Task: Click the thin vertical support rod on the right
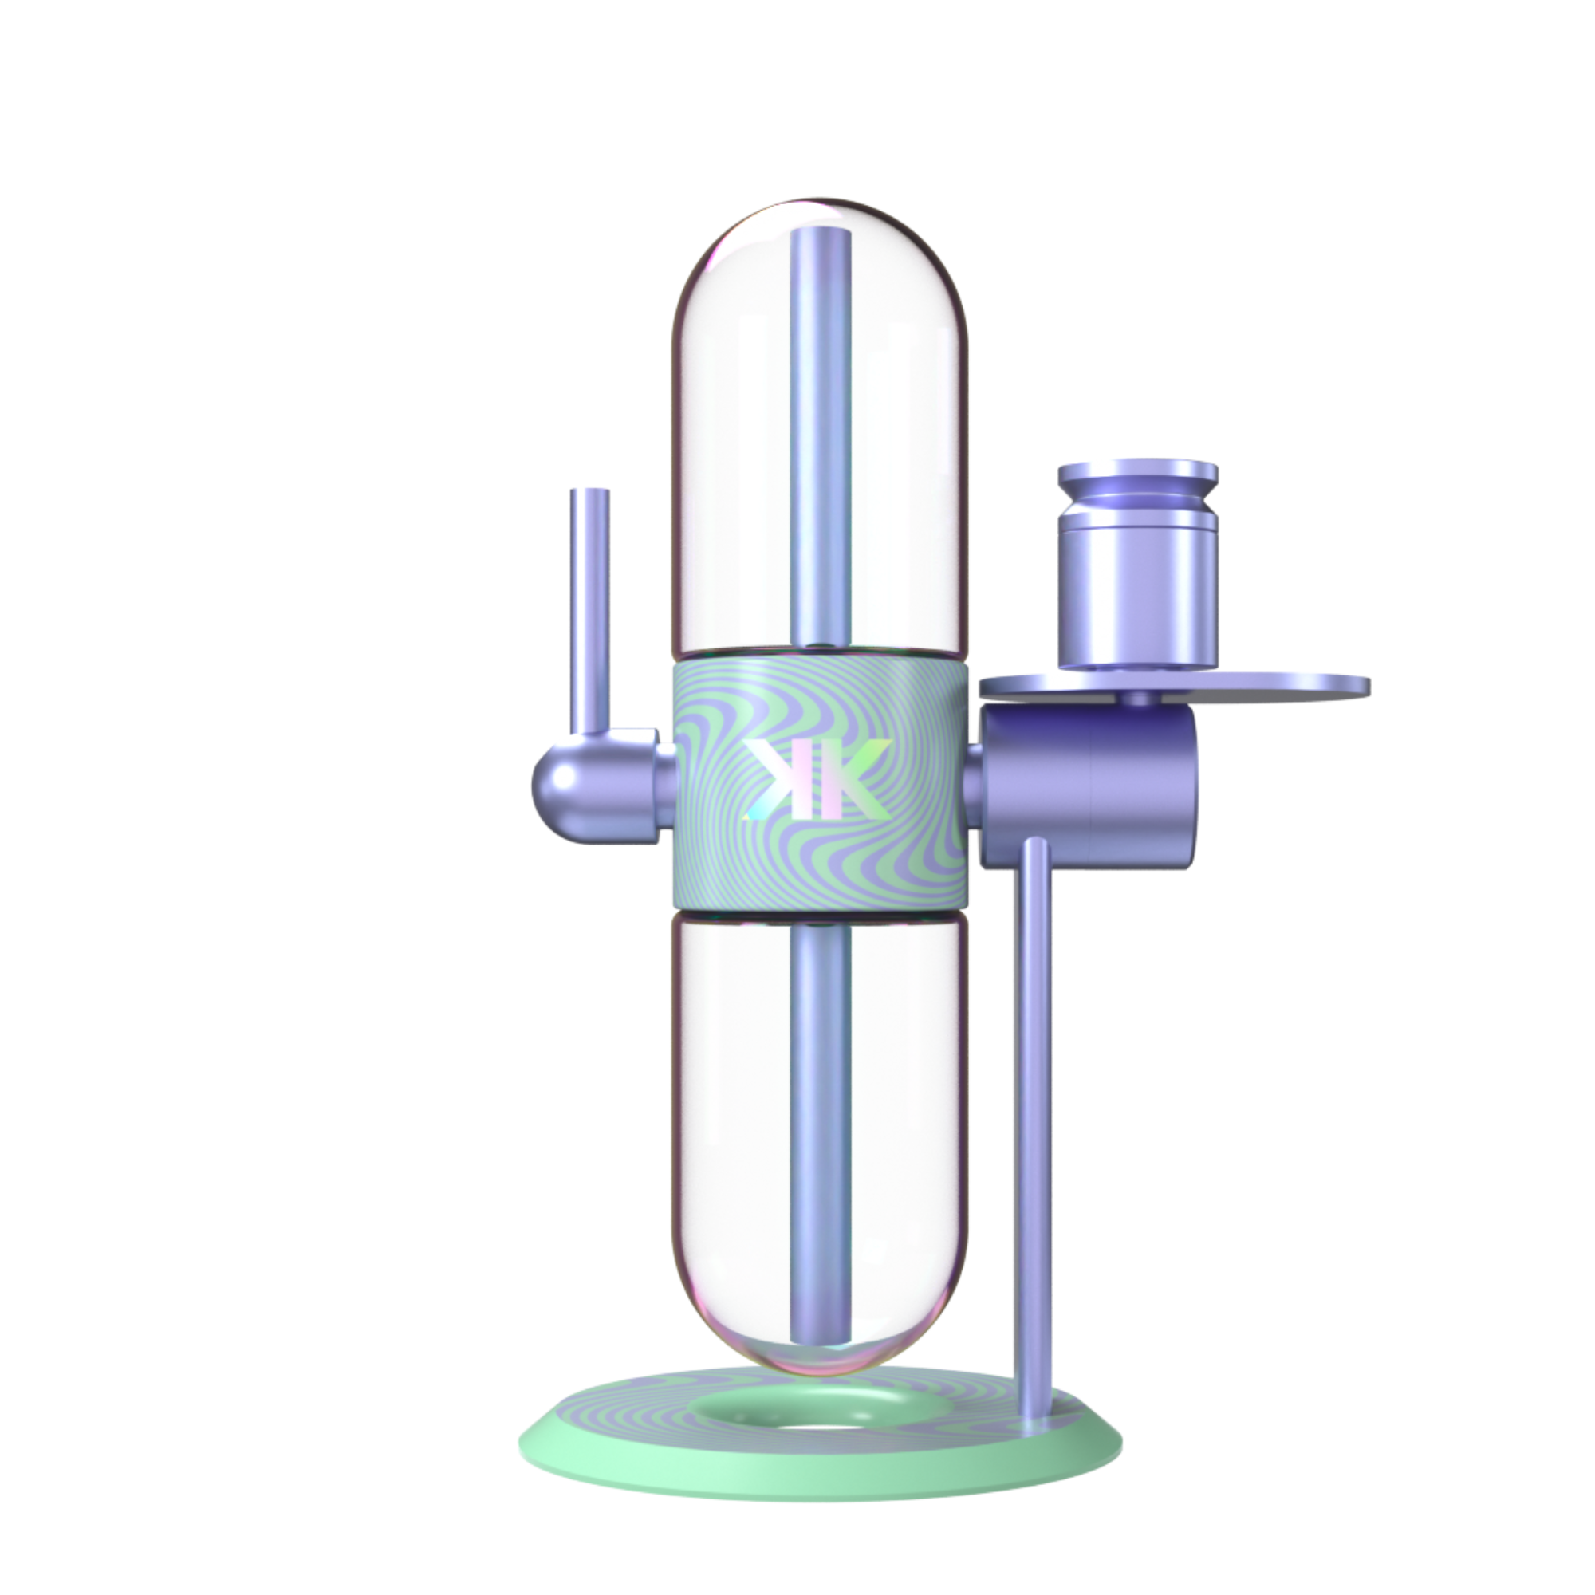tap(1035, 1073)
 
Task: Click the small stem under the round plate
tap(1140, 700)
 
